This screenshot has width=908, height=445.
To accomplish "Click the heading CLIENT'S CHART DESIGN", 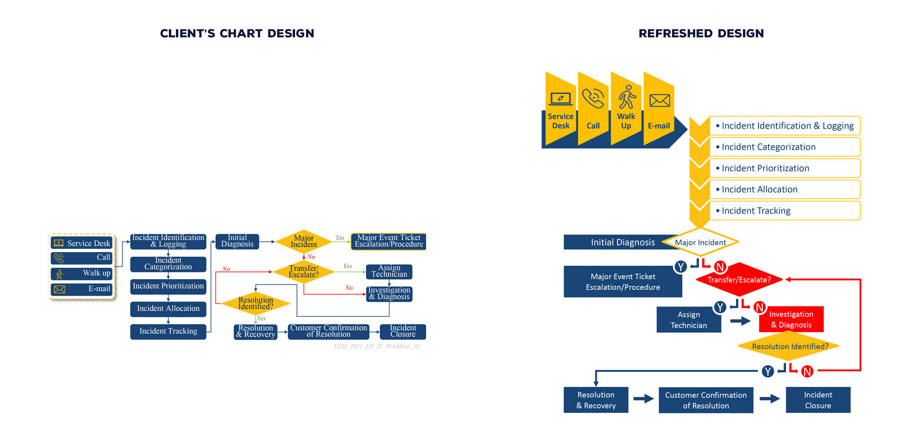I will pos(237,34).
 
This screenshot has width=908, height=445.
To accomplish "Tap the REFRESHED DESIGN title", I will pos(701,34).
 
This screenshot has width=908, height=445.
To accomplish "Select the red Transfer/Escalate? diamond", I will pos(739,279).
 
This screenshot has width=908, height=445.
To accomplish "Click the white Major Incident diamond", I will pos(700,242).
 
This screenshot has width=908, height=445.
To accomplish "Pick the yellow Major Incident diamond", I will pos(304,241).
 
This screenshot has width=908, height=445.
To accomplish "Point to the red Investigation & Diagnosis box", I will pos(791,319).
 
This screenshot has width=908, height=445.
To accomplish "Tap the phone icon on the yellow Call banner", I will pos(593,98).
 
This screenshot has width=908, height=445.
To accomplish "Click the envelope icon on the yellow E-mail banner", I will pos(659,100).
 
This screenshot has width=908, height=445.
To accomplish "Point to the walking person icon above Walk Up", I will pos(627,97).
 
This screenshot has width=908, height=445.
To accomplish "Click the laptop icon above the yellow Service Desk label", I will pos(560,99).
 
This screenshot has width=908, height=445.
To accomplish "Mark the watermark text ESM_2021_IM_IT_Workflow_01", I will pos(377,346).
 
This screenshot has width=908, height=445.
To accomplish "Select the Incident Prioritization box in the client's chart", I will pos(168,286).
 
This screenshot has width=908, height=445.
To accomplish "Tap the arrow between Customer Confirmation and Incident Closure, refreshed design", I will pos(769,399).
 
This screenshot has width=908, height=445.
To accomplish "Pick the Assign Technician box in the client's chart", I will pos(389,271).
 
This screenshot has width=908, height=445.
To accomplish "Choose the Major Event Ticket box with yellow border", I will pos(389,241).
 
